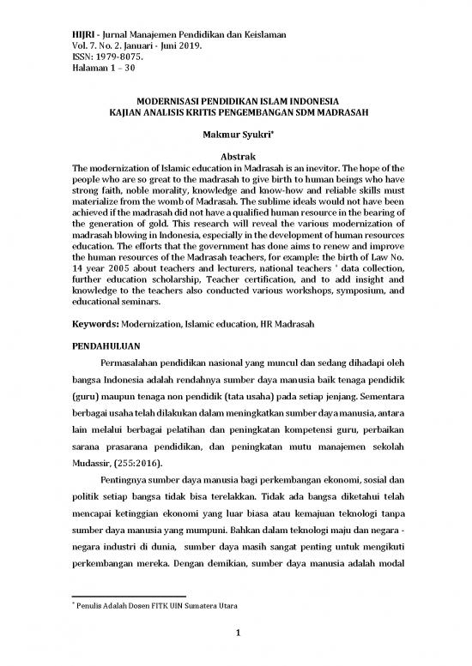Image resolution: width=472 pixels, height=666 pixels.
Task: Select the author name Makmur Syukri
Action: point(233,135)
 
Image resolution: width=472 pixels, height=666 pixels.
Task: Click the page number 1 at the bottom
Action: point(236,633)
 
